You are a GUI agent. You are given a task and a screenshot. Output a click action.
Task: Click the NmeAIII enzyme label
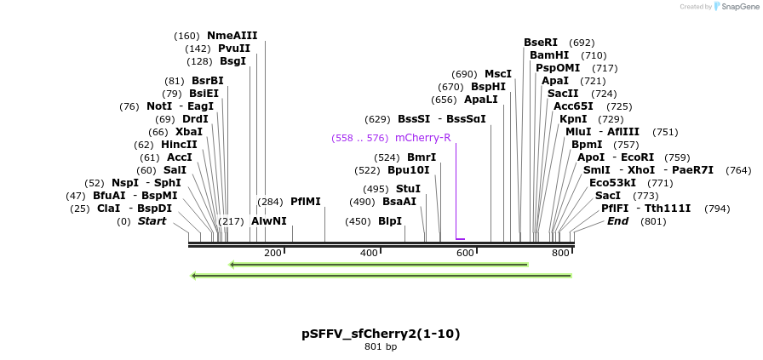point(232,36)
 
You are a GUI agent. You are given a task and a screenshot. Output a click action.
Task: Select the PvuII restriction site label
point(234,49)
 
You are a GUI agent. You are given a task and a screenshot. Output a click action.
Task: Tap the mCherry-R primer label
point(422,138)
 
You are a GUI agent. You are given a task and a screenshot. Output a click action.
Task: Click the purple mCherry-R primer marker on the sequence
point(460,239)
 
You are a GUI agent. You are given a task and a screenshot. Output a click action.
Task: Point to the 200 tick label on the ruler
point(272,254)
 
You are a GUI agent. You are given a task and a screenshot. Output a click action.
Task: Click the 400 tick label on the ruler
point(369,254)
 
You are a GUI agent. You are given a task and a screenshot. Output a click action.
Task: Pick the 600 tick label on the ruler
point(465,254)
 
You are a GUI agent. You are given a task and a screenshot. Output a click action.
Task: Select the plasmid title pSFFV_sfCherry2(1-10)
point(381,334)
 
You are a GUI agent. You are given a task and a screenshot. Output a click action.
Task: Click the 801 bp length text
point(381,347)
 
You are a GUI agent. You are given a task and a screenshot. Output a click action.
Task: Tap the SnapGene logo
point(737,7)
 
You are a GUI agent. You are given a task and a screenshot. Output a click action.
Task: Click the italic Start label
point(152,221)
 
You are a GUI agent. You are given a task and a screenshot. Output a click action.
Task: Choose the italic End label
point(617,221)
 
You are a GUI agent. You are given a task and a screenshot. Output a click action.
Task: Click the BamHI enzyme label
point(549,55)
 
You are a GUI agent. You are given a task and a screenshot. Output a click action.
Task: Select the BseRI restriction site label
point(541,43)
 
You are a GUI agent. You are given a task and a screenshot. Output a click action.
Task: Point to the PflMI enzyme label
point(306,202)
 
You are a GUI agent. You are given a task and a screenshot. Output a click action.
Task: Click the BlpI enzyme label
point(389,221)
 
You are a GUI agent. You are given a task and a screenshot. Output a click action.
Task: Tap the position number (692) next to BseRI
point(582,43)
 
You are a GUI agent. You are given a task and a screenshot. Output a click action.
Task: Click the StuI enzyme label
point(408,189)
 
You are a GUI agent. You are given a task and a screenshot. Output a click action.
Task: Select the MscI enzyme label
point(498,74)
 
